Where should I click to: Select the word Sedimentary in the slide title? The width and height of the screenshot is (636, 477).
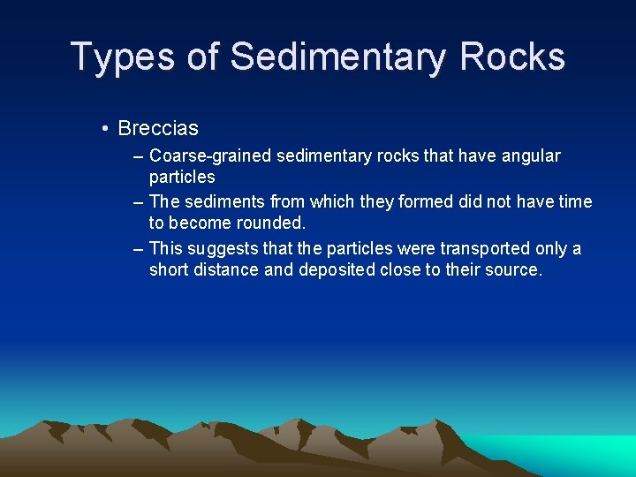pos(338,57)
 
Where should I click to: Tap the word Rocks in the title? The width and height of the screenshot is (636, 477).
pos(512,57)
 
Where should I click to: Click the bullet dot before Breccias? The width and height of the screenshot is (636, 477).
pos(105,129)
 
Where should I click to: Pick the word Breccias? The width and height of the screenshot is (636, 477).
pos(158,129)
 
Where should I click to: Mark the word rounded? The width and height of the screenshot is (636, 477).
pos(269,223)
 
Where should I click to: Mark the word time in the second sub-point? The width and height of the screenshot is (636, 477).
pos(575,202)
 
